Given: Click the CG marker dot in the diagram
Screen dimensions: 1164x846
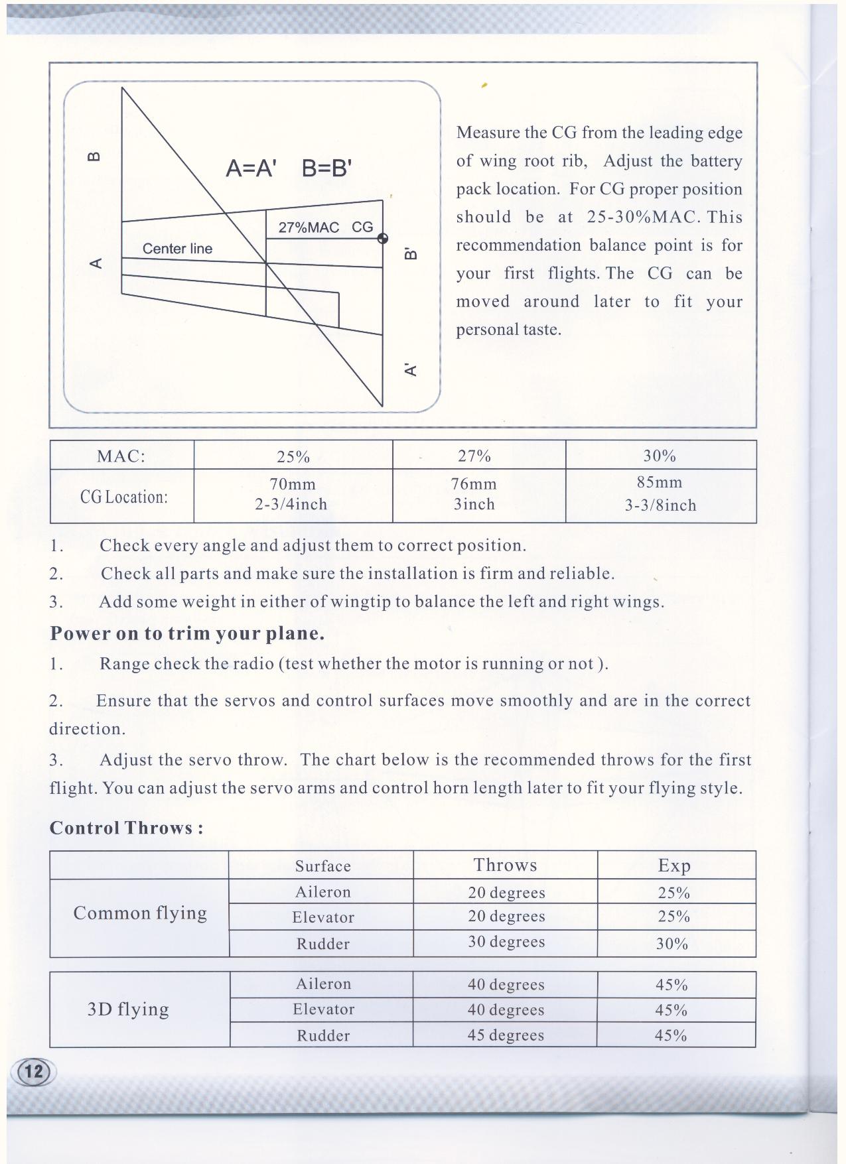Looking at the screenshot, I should (x=383, y=239).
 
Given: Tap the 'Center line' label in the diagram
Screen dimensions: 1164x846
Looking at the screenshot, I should (x=177, y=249).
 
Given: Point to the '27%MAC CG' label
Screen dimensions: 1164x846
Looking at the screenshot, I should (x=325, y=227).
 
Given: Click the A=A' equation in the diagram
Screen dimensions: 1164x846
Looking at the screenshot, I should (x=250, y=169).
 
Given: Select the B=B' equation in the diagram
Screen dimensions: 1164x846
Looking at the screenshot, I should (x=326, y=169).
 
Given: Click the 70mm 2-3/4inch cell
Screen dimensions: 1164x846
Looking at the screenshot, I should (x=292, y=495).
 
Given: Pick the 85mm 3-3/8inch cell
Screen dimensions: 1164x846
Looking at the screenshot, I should (x=660, y=495).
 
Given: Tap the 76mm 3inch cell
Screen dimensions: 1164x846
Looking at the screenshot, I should (x=474, y=495).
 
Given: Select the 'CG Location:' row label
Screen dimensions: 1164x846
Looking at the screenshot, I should (x=123, y=497).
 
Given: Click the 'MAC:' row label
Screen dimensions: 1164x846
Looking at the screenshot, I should (x=121, y=456).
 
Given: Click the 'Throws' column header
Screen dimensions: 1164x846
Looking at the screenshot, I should (x=505, y=866).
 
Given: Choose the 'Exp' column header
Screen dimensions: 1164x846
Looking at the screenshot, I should (x=674, y=866).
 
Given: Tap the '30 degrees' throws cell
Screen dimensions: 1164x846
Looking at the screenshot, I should (x=506, y=942).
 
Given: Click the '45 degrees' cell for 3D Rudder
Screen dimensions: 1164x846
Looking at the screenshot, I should (x=506, y=1035).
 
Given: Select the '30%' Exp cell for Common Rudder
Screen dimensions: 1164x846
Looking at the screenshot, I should (x=672, y=944).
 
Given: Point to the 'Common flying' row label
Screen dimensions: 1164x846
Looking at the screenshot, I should (x=140, y=913).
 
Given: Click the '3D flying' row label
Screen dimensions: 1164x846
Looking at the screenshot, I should (x=128, y=1009).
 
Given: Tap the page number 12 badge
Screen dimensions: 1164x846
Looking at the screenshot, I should (x=33, y=1071).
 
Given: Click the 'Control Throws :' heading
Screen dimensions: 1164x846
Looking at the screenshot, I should (x=126, y=828).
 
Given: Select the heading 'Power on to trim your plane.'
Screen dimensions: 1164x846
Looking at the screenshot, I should (x=187, y=633).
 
